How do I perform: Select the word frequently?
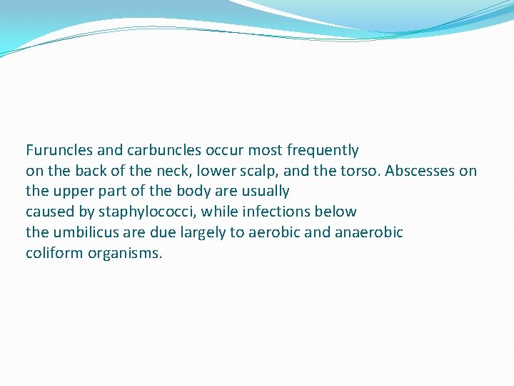tap(322, 150)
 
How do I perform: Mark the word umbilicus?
tap(85, 233)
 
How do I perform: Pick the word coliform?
tap(55, 254)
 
